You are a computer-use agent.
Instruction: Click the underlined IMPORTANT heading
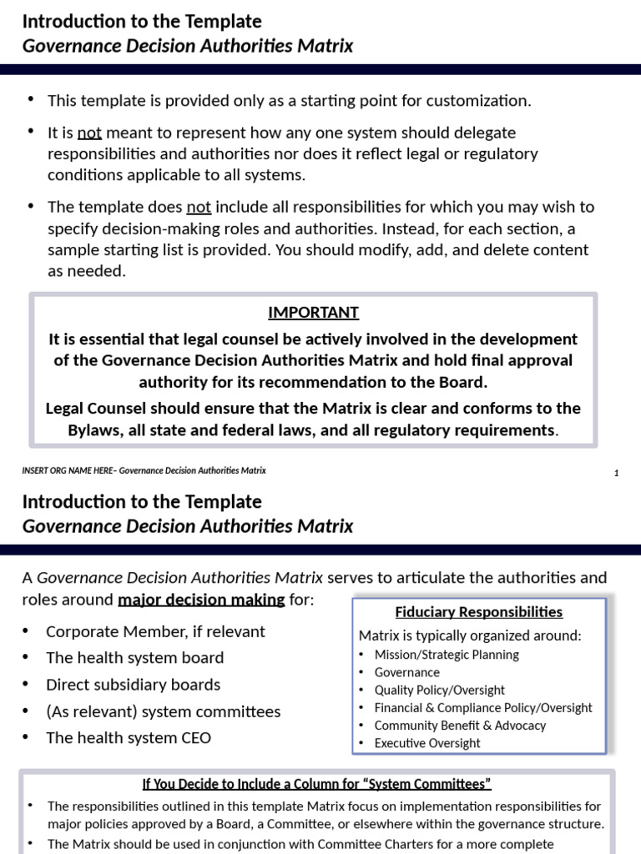(x=313, y=313)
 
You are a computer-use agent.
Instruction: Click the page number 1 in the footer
(x=616, y=474)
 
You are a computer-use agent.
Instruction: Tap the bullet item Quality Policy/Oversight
(x=439, y=690)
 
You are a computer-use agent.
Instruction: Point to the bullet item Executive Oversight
(x=426, y=743)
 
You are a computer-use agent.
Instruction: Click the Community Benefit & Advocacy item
(x=460, y=726)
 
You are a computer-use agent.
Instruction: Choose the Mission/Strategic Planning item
(x=447, y=655)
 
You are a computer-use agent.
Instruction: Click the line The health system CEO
(x=129, y=738)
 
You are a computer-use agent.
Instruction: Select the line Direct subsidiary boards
(x=134, y=685)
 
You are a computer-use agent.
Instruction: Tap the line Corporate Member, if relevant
(x=155, y=631)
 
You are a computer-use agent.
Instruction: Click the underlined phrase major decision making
(x=201, y=600)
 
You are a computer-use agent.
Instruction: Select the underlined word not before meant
(x=89, y=133)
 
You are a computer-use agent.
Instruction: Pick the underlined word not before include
(x=199, y=207)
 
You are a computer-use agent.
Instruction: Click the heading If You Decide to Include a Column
(x=316, y=784)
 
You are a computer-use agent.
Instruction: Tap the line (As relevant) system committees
(x=164, y=711)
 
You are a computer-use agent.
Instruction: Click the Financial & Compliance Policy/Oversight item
(x=483, y=708)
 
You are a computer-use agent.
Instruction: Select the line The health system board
(x=135, y=658)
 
